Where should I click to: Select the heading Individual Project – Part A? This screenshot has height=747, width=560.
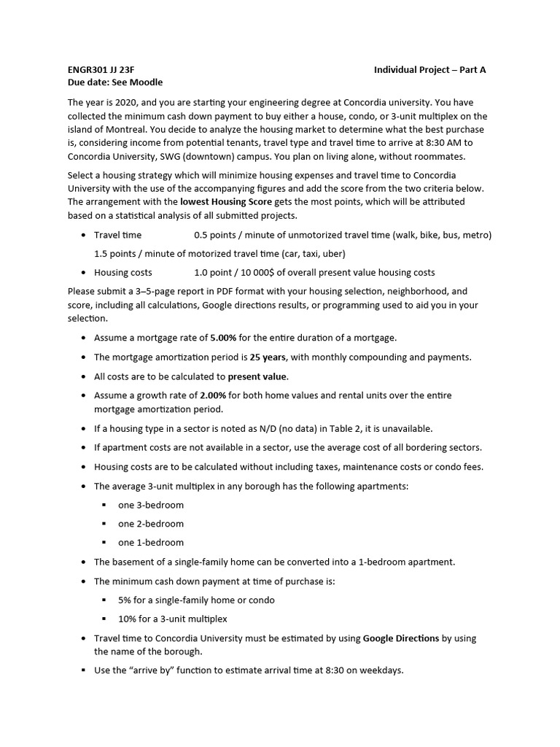(429, 69)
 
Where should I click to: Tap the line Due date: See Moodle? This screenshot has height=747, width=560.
(115, 82)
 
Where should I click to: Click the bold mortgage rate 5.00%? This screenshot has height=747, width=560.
(223, 338)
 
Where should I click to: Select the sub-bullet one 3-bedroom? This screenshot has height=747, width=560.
(151, 505)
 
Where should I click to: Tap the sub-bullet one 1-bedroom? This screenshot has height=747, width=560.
(151, 542)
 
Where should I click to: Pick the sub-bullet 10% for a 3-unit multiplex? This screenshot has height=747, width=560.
(172, 619)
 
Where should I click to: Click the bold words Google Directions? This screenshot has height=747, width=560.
(400, 638)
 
